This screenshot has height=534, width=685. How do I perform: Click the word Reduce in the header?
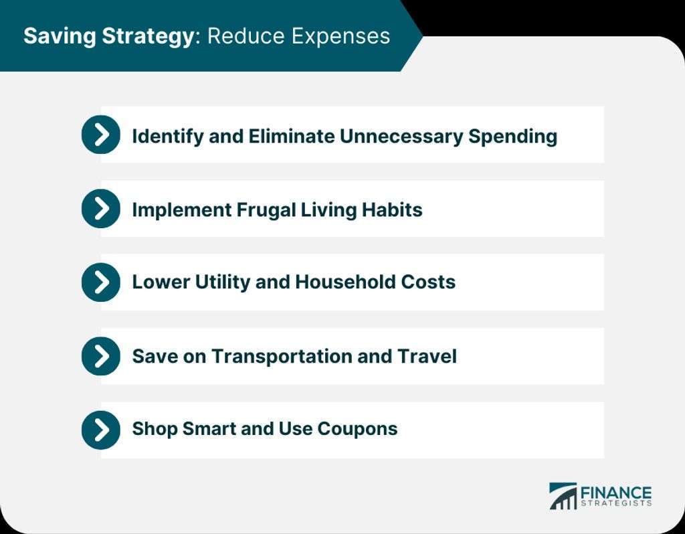tap(246, 36)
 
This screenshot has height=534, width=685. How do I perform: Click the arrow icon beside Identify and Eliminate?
tap(101, 135)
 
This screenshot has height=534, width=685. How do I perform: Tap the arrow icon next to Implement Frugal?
tap(101, 208)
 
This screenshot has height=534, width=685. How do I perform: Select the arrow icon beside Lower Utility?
tap(101, 282)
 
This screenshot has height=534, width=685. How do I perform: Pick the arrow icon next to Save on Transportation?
tap(101, 356)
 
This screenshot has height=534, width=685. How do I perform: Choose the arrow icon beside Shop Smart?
tap(101, 430)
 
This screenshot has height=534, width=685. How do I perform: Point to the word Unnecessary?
tap(401, 137)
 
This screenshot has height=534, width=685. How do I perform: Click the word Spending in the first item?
tap(513, 137)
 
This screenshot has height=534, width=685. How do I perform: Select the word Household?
tap(345, 282)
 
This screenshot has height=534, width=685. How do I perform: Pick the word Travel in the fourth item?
tap(427, 356)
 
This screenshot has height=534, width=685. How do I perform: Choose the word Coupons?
tap(357, 429)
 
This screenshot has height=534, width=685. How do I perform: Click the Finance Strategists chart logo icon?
tap(563, 496)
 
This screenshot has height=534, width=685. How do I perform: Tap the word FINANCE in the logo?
tap(616, 493)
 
